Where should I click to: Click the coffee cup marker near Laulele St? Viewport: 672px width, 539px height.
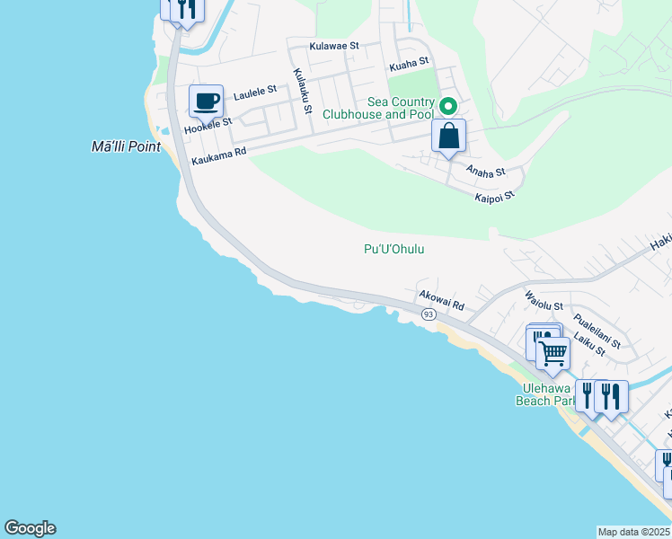[x=206, y=101]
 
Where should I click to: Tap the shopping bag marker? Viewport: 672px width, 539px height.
[x=448, y=137]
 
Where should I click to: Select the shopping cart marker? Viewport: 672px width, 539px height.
[x=553, y=352]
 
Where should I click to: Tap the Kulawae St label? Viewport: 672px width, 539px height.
[x=333, y=45]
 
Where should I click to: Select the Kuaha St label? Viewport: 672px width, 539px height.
[x=409, y=64]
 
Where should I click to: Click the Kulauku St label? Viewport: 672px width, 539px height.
[x=302, y=93]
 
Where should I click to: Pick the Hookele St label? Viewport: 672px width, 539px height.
[x=208, y=126]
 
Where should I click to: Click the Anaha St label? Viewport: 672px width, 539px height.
[x=485, y=171]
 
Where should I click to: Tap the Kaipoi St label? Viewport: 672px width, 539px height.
[x=494, y=195]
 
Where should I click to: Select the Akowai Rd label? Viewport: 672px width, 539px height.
[x=440, y=301]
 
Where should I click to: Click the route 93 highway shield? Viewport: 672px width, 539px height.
[x=428, y=314]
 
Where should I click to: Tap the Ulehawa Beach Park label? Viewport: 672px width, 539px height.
[x=544, y=394]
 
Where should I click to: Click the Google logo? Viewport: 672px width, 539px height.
[x=30, y=528]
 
